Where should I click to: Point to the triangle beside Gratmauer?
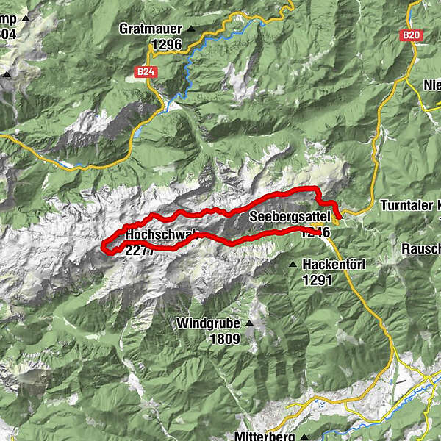(x=192, y=29)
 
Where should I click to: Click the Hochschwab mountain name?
(x=162, y=235)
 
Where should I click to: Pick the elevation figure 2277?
(x=140, y=250)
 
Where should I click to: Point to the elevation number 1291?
(x=317, y=279)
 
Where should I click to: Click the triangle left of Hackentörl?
(x=293, y=264)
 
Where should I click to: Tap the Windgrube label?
(x=209, y=323)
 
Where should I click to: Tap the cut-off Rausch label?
(x=420, y=249)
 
